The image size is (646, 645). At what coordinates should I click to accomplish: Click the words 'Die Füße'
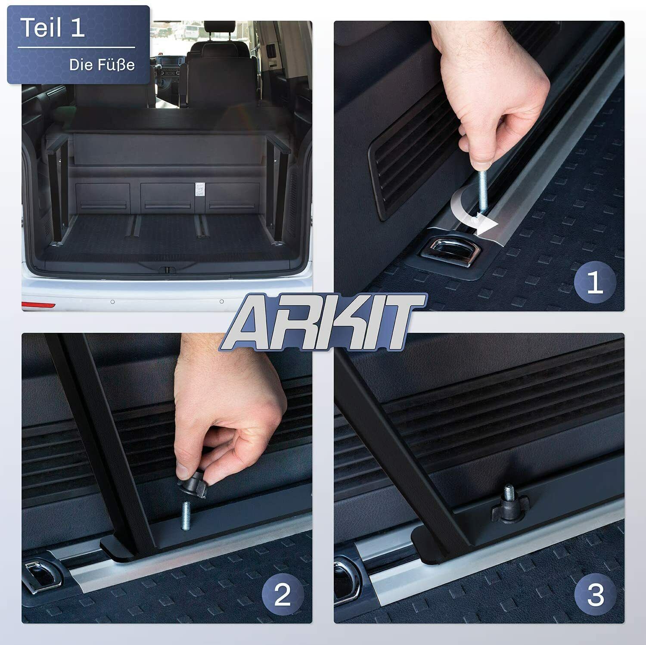pyautogui.click(x=102, y=65)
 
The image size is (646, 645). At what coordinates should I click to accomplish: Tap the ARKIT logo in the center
pyautogui.click(x=323, y=321)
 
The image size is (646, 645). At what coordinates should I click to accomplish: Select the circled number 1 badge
pyautogui.click(x=595, y=284)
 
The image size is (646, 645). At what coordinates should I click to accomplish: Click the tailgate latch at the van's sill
pyautogui.click(x=166, y=270)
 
